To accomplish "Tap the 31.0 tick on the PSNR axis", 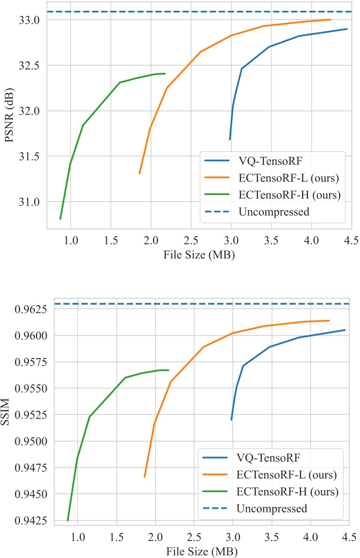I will (32, 202).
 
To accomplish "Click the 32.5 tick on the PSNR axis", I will (32, 65).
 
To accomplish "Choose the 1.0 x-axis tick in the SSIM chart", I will (77, 537).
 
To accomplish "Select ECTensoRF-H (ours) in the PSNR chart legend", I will (287, 195).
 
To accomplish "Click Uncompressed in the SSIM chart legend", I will (272, 509).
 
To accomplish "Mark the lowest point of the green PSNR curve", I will (60, 219).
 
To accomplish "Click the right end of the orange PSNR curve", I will (331, 20).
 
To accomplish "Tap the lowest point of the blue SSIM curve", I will (232, 420).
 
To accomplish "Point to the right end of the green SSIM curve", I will (169, 370).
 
